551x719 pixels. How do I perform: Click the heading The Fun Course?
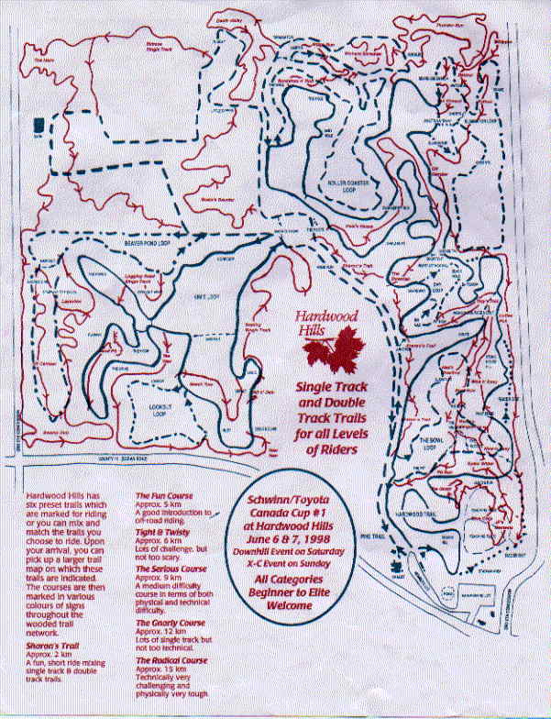[x=157, y=494]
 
